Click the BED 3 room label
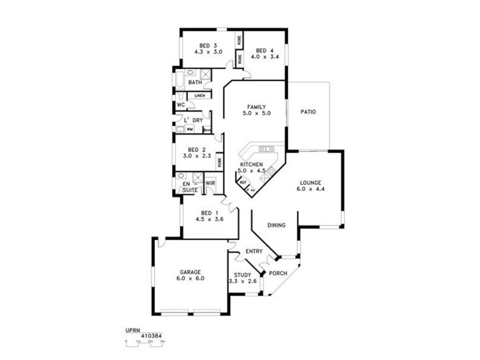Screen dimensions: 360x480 click(x=208, y=45)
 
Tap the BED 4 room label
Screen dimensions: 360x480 click(x=265, y=51)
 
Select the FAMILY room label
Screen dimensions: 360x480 click(x=256, y=107)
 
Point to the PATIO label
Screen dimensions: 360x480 click(x=308, y=112)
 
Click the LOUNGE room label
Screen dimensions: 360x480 click(x=311, y=183)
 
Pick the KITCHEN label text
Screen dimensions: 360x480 click(x=251, y=164)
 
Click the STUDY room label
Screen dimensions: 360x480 click(x=242, y=275)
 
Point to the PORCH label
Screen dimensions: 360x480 click(x=278, y=274)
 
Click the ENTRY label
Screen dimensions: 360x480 click(x=254, y=251)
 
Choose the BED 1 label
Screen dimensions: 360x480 click(x=208, y=213)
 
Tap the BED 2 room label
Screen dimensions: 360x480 click(x=197, y=149)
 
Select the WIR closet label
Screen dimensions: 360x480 click(x=210, y=183)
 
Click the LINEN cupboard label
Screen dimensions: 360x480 click(x=200, y=95)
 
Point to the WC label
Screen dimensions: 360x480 click(x=180, y=104)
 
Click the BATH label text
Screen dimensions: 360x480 click(x=195, y=82)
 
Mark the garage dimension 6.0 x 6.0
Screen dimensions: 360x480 click(x=190, y=278)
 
